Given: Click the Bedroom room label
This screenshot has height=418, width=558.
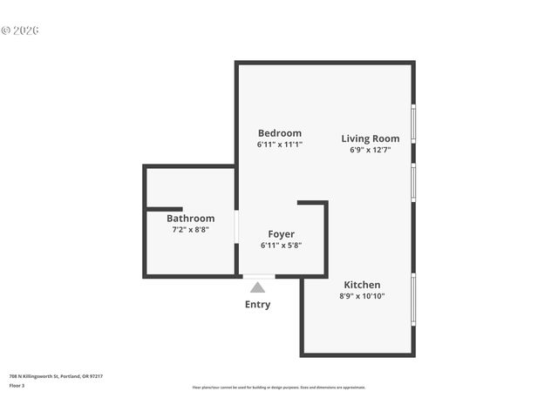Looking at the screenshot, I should click(x=279, y=133).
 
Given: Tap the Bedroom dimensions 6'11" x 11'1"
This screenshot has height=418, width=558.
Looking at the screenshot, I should click(x=279, y=145).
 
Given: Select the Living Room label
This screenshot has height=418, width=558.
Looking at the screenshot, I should click(x=370, y=138).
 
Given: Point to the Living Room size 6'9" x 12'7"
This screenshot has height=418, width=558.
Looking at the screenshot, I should click(x=370, y=150).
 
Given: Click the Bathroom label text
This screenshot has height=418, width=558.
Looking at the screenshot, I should click(x=190, y=219).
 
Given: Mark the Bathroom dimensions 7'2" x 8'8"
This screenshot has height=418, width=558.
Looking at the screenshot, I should click(x=190, y=230).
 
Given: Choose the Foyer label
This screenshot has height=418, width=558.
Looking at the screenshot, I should click(x=281, y=234).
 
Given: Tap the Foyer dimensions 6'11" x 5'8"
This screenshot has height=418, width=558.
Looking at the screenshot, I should click(x=281, y=246).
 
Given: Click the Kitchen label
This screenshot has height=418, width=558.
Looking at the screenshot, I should click(x=362, y=285).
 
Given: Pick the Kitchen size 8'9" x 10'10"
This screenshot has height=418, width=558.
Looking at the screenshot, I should click(x=362, y=296).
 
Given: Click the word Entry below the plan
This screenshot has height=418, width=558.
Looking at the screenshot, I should click(x=257, y=305).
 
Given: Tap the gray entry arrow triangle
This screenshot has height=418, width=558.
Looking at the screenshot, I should click(x=257, y=287).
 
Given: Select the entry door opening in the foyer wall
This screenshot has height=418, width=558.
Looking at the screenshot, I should click(x=258, y=276).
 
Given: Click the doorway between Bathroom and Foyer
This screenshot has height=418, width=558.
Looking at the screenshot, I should click(x=236, y=226).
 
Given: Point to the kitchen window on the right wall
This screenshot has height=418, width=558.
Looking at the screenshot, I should click(x=413, y=299).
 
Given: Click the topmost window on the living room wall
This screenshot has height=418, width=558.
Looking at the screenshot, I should click(x=413, y=123).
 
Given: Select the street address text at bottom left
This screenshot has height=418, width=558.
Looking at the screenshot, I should click(x=56, y=376).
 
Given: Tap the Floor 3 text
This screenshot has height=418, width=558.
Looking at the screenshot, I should click(x=17, y=385).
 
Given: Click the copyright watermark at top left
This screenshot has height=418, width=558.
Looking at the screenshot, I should click(x=20, y=30).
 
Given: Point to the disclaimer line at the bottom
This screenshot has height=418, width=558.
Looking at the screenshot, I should click(x=278, y=388).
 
